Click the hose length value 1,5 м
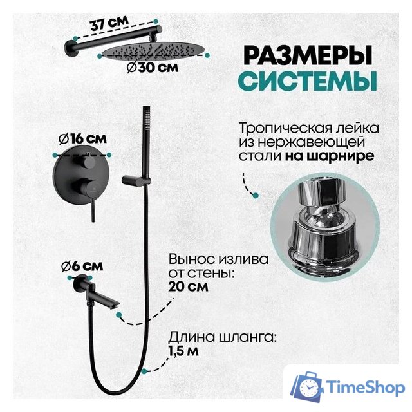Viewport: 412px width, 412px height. tap(184, 351)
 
